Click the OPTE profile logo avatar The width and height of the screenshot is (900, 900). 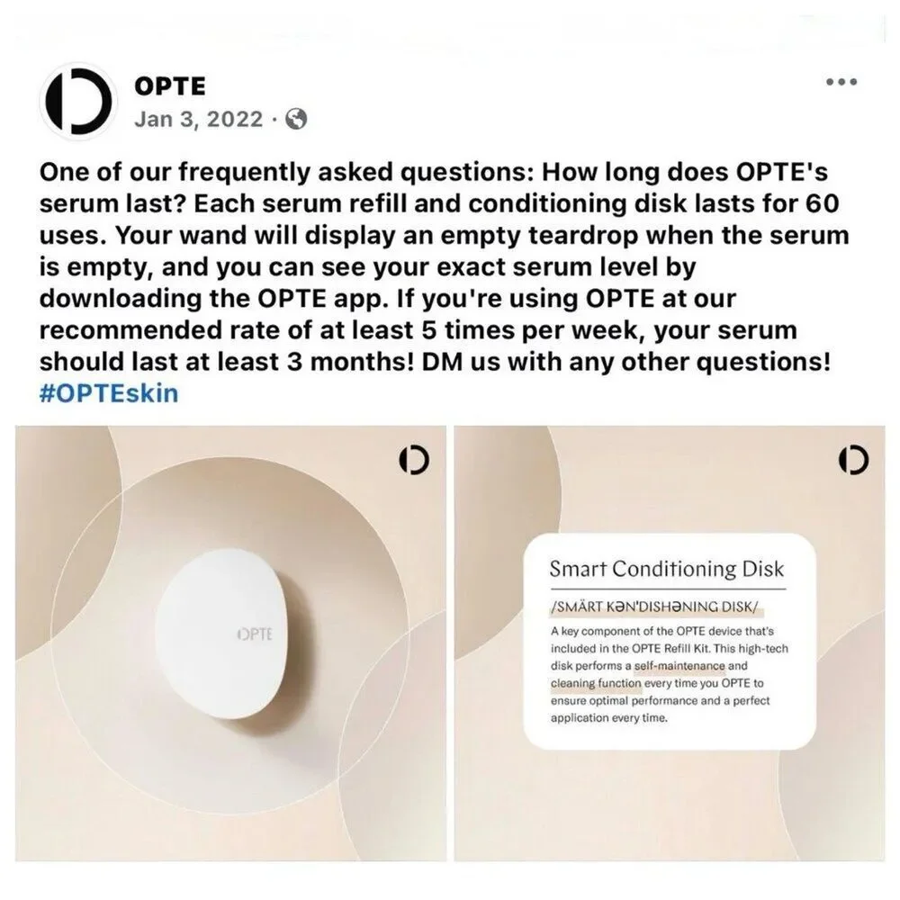point(77,101)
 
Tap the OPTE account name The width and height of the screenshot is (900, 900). point(170,86)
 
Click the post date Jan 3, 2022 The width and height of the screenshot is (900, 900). point(199,119)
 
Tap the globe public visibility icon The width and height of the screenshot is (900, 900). point(296,119)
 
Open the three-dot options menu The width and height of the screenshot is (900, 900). point(841,82)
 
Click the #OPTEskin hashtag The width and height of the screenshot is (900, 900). point(109,393)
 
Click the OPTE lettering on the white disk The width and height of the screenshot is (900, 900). point(255,634)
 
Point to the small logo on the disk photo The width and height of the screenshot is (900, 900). point(414,460)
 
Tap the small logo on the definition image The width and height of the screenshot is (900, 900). point(853,460)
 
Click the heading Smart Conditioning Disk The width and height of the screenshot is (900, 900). point(666,569)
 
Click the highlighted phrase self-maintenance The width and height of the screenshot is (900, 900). point(679,666)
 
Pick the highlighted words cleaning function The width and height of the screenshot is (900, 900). point(596,683)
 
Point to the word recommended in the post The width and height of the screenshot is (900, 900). point(130,330)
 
